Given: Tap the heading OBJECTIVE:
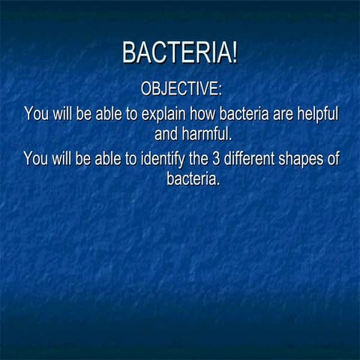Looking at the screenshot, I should (x=181, y=88).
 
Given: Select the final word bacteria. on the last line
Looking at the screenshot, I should (x=192, y=180).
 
